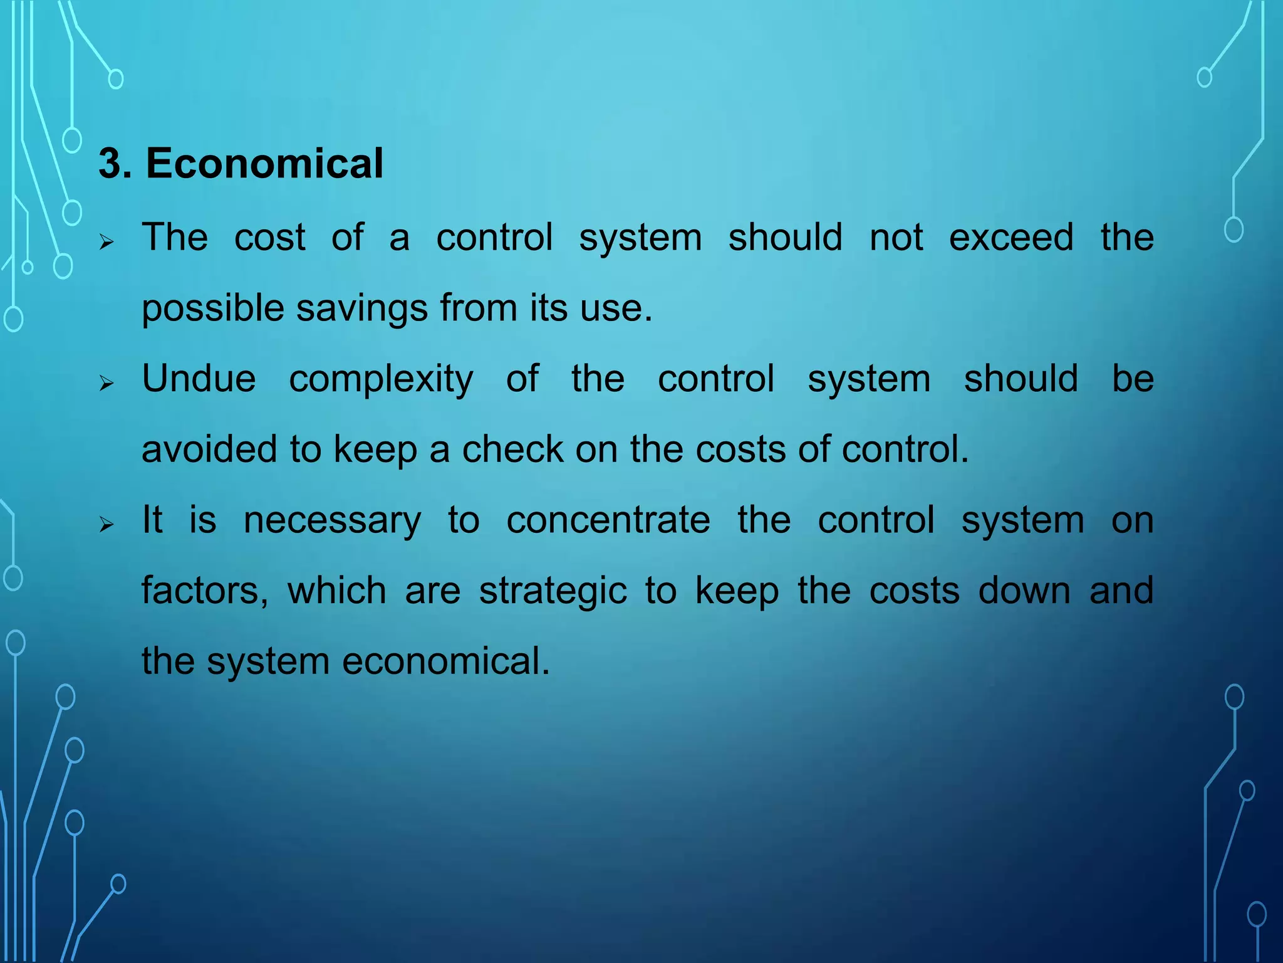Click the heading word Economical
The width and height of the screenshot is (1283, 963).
264,164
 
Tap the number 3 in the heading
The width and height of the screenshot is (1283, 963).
110,164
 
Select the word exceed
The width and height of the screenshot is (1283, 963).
1011,238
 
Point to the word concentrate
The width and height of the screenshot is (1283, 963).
608,520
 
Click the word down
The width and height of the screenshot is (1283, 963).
1024,591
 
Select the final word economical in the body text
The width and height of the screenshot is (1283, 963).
445,661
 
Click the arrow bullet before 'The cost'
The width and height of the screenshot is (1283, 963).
106,241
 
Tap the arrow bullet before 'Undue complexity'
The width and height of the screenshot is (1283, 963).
106,383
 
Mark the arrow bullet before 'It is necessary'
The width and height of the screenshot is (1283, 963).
106,524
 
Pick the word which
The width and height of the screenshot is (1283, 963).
336,591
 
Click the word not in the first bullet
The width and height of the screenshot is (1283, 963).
896,238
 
